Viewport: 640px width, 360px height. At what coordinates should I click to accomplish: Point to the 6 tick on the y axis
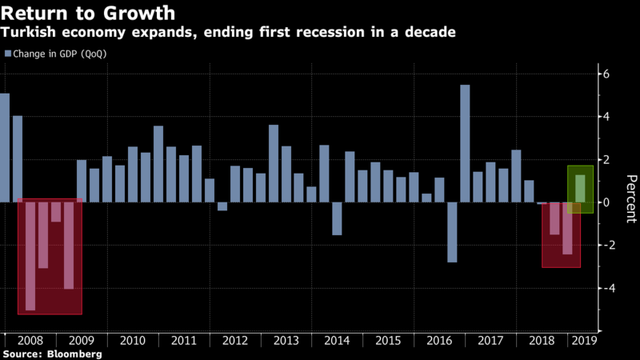[x=606, y=74]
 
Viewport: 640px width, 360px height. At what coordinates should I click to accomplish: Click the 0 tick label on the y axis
[x=606, y=202]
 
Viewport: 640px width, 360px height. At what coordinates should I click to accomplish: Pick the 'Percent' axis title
[x=630, y=199]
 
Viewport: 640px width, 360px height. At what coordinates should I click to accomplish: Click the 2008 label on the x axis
[x=30, y=341]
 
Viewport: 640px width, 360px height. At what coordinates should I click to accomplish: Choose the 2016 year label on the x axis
[x=439, y=341]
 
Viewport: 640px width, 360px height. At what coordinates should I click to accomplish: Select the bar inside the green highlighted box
[x=580, y=189]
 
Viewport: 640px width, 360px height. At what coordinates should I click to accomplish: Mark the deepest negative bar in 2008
[x=30, y=256]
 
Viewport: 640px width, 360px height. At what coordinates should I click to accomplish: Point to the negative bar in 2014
[x=337, y=218]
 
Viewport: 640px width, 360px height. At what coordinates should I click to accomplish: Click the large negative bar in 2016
[x=452, y=232]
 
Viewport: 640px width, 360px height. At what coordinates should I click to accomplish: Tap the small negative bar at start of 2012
[x=222, y=206]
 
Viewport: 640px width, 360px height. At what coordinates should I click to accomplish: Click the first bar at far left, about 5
[x=5, y=148]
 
